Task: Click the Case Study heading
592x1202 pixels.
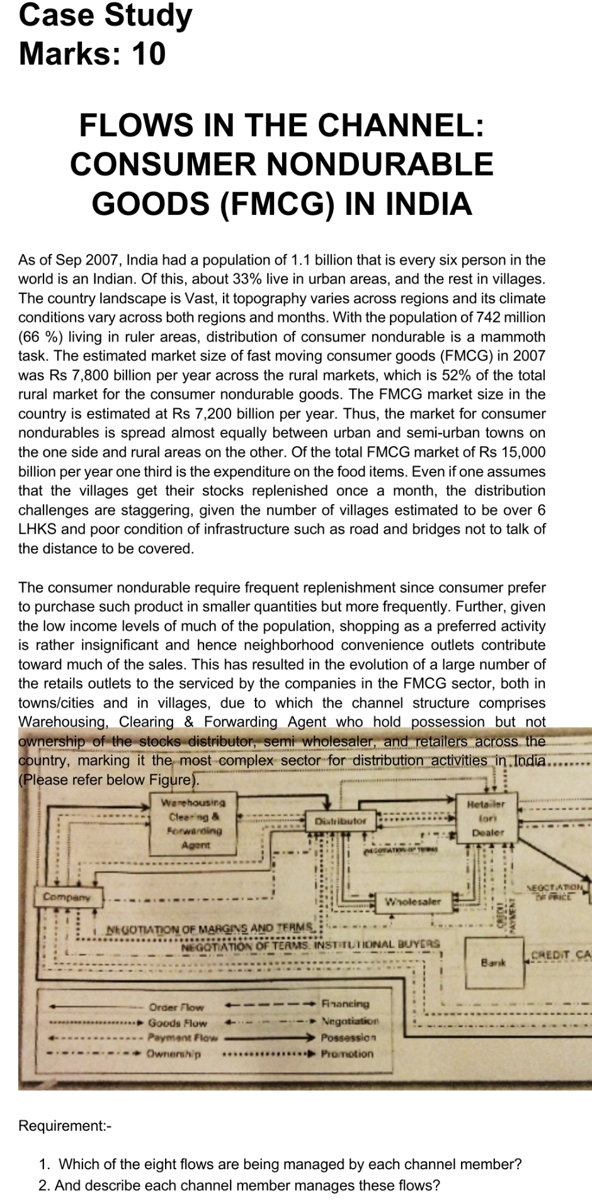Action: (105, 16)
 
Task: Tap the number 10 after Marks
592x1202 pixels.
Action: (149, 54)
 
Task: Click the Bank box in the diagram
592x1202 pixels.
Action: (494, 963)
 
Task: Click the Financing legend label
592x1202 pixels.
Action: (345, 1004)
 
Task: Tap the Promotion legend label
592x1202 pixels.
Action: (347, 1053)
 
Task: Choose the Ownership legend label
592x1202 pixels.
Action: (174, 1053)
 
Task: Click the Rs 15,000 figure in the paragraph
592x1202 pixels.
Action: (515, 452)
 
